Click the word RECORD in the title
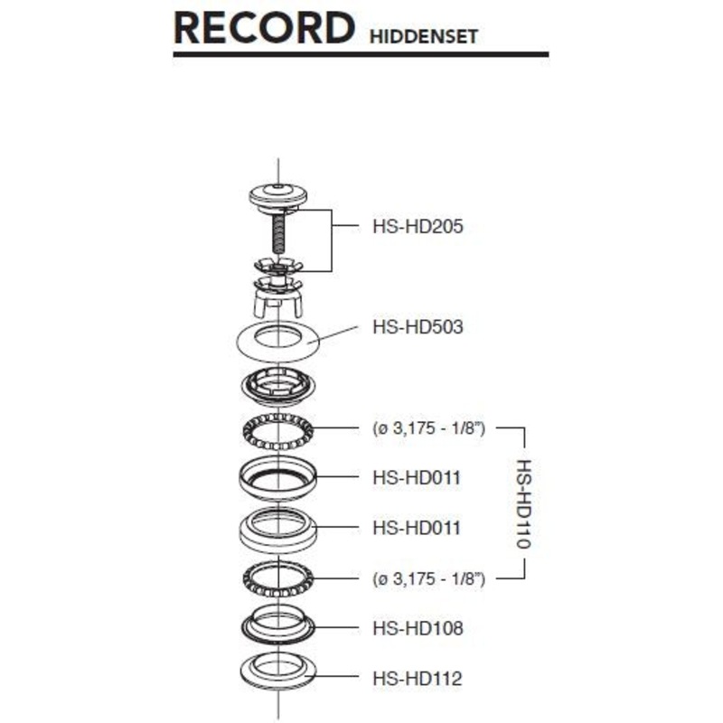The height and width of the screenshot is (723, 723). pyautogui.click(x=264, y=28)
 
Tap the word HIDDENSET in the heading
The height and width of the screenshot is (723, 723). pyautogui.click(x=423, y=37)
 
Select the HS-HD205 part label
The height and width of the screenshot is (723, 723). pyautogui.click(x=418, y=227)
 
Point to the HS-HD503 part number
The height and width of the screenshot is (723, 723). pyautogui.click(x=418, y=327)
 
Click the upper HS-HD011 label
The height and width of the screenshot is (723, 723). pyautogui.click(x=417, y=478)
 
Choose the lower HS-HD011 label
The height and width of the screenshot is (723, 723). pyautogui.click(x=417, y=528)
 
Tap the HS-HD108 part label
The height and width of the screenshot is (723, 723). pyautogui.click(x=418, y=628)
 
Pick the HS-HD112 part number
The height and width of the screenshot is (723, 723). pyautogui.click(x=418, y=679)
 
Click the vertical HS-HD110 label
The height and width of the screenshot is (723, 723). pyautogui.click(x=524, y=503)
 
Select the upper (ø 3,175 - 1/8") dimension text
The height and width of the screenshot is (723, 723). pyautogui.click(x=428, y=428)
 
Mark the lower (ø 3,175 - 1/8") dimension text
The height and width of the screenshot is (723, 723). pyautogui.click(x=428, y=578)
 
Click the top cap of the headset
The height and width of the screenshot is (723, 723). pyautogui.click(x=278, y=195)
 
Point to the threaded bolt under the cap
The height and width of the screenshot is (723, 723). pyautogui.click(x=278, y=233)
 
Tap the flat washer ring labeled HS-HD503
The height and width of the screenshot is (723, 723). pyautogui.click(x=278, y=342)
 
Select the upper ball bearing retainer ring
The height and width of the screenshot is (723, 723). pyautogui.click(x=278, y=432)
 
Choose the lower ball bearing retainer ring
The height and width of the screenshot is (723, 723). pyautogui.click(x=278, y=578)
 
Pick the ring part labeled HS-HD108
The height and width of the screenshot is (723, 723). pyautogui.click(x=278, y=624)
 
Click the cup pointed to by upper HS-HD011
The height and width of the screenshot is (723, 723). pyautogui.click(x=278, y=478)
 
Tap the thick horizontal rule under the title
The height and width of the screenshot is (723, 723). pyautogui.click(x=361, y=54)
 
